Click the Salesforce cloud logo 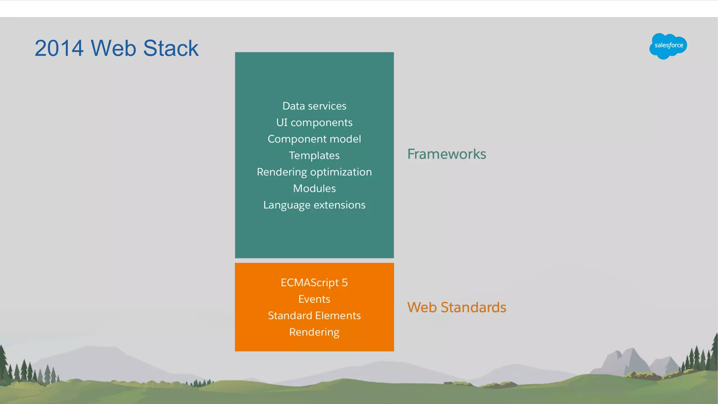[668, 46]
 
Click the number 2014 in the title [59, 48]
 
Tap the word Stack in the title [171, 48]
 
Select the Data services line [314, 106]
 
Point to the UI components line [314, 122]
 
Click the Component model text [314, 139]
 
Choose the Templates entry [314, 155]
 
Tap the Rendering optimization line [314, 172]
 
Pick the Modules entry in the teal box [314, 188]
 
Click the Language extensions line [314, 205]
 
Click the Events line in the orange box [314, 299]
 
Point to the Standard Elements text [314, 316]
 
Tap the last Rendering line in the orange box [314, 332]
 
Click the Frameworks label [446, 154]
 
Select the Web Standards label [456, 308]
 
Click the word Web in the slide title [113, 48]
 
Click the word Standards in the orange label [473, 308]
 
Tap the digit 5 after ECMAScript [345, 283]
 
